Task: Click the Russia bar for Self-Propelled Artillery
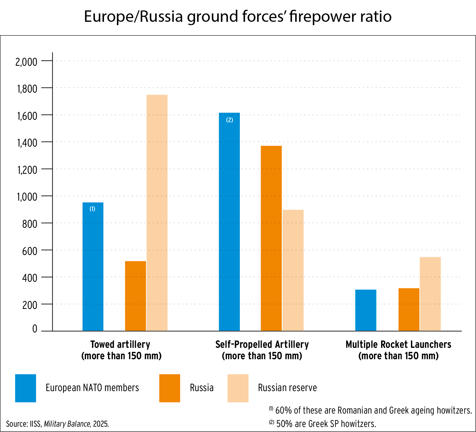[271, 238]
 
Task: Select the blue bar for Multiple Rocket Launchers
[366, 310]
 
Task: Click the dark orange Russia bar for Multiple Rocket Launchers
[409, 310]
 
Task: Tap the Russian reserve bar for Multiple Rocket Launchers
[430, 294]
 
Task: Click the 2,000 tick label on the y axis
[26, 62]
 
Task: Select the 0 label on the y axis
[35, 329]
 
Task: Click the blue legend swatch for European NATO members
[25, 388]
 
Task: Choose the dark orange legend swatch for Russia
[170, 388]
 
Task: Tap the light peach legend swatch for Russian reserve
[238, 388]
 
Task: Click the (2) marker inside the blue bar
[229, 120]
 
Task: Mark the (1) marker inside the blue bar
[92, 209]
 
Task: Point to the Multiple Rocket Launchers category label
[398, 345]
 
